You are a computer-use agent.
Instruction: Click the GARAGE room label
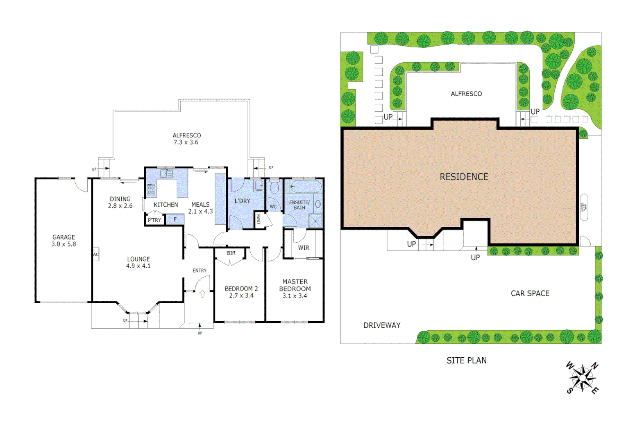(64, 237)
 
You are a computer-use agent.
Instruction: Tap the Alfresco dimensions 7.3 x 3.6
(186, 142)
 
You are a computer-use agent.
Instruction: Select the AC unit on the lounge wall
(96, 254)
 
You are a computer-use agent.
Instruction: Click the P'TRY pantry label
(154, 220)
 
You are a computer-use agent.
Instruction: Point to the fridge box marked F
(175, 220)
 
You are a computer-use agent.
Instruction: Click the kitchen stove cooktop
(151, 189)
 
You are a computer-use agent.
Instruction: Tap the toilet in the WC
(274, 188)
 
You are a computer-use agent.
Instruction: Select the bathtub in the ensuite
(304, 187)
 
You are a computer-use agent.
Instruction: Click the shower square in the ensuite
(315, 221)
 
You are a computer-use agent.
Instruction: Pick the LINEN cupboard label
(259, 219)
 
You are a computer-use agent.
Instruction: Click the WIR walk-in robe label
(304, 248)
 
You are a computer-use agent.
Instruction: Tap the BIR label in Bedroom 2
(231, 253)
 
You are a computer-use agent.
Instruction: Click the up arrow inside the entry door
(202, 294)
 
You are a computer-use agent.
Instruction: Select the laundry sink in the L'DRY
(259, 186)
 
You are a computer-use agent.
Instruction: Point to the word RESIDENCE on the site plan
(464, 177)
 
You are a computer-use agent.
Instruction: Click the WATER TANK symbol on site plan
(584, 207)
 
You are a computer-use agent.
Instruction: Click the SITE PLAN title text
(467, 361)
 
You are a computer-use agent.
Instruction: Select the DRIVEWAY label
(382, 325)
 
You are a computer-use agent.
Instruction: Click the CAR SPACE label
(530, 293)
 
